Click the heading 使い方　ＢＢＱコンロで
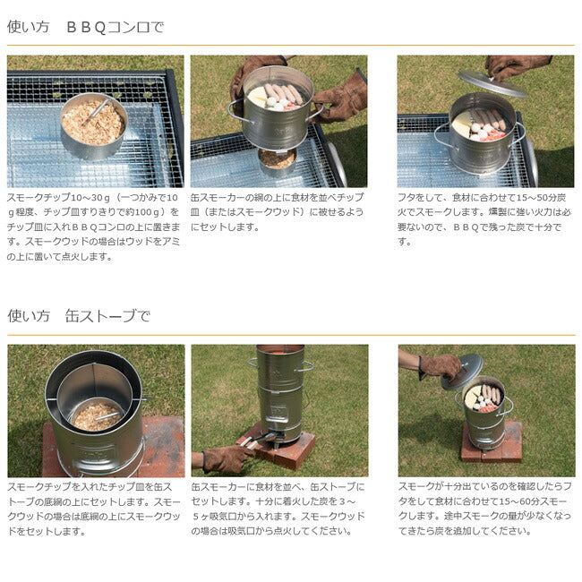pos(85,27)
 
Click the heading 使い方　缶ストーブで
pos(79,316)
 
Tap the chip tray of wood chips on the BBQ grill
pos(94,125)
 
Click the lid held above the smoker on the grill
pos(492,83)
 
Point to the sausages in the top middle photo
pos(284,93)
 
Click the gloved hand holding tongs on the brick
pos(223,458)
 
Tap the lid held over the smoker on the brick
pos(463,372)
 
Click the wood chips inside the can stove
pos(97,416)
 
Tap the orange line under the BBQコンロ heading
pos(291,46)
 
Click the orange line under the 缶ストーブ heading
pos(291,335)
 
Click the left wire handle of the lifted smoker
pos(235,110)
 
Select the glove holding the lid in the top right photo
pos(517,66)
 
